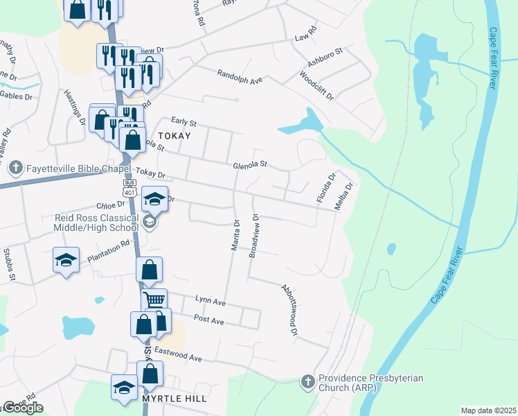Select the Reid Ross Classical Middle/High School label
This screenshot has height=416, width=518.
coord(96,222)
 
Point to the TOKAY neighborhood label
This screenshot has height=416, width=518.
coord(173,136)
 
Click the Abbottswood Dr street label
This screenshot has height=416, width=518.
coord(289,309)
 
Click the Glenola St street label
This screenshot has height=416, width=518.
coord(251,164)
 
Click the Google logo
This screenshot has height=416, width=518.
coord(23,407)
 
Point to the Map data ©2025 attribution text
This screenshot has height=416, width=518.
coord(488,410)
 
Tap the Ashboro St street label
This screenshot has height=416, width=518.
coord(321,62)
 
